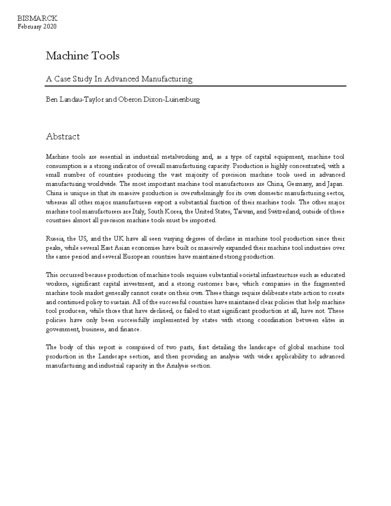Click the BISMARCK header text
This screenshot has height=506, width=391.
37,18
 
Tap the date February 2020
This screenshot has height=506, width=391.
37,26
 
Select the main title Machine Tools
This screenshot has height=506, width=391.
82,56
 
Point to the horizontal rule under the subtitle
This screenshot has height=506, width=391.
195,86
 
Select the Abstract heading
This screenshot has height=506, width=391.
63,136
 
